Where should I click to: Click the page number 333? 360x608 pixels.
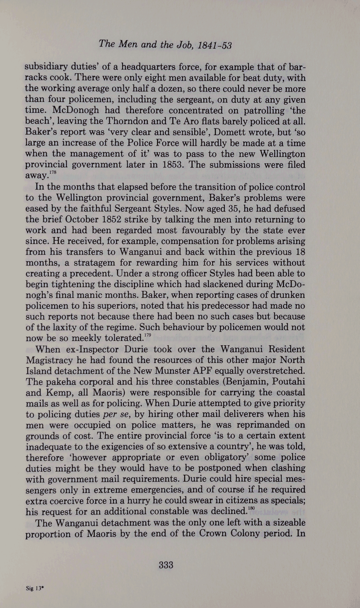pos(166,565)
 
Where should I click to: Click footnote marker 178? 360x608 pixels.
pos(53,172)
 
